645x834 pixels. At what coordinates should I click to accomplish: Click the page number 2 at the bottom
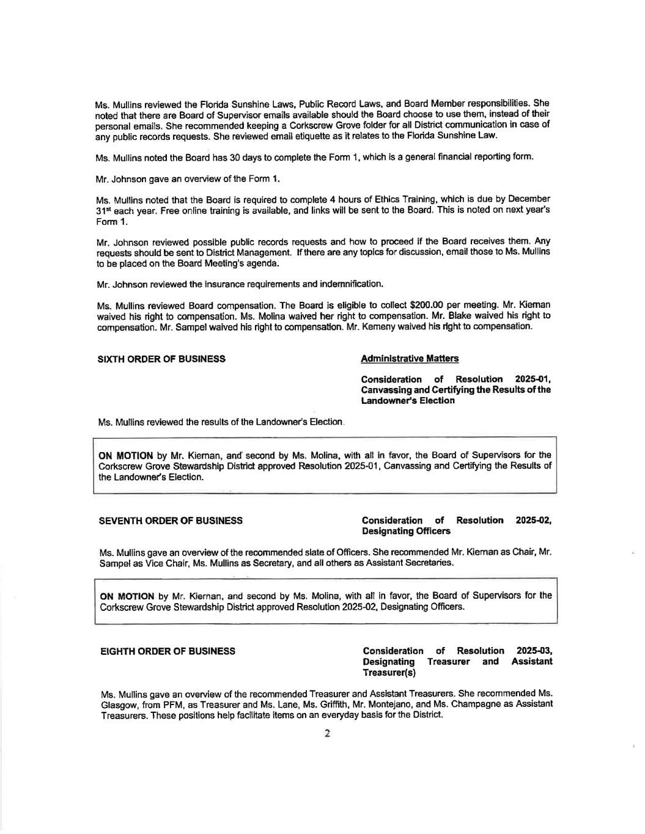pos(327,734)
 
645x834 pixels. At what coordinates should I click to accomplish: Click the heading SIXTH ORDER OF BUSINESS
pos(161,359)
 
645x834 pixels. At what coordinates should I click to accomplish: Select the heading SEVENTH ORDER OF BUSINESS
pos(171,521)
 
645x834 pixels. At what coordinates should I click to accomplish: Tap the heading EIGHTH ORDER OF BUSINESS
pos(168,651)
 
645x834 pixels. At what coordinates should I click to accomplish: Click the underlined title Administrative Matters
pos(410,359)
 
